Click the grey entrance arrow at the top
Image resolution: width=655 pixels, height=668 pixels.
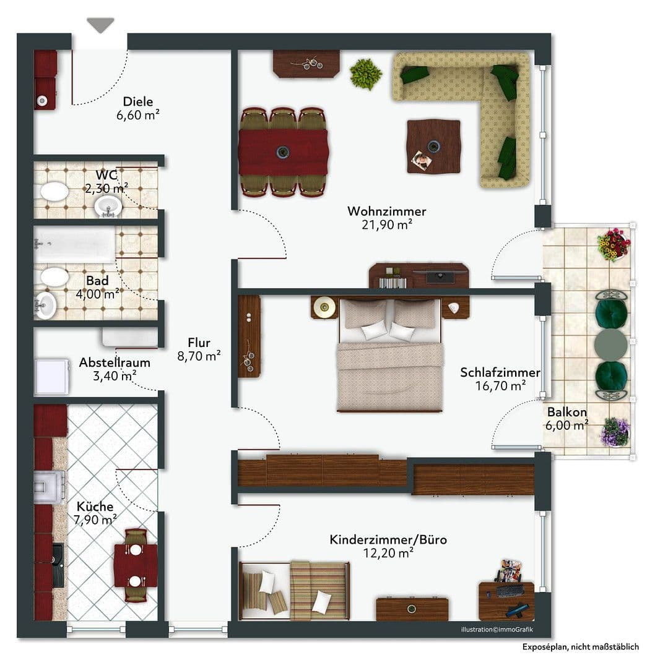click(x=100, y=25)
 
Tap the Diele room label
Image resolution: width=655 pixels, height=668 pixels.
click(x=137, y=102)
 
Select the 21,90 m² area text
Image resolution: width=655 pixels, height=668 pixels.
click(x=388, y=225)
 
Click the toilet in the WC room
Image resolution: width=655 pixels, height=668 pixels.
click(x=54, y=191)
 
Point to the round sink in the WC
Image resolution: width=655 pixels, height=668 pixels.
click(x=109, y=206)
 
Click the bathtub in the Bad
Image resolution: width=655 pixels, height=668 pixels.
click(x=74, y=245)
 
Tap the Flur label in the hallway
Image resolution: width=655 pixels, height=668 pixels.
click(x=199, y=343)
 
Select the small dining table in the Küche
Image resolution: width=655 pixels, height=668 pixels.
click(x=135, y=564)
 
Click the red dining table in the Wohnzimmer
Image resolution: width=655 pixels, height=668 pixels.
click(x=283, y=152)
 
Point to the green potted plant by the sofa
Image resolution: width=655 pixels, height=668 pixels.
click(x=365, y=74)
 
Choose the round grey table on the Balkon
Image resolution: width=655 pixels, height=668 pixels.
click(x=610, y=344)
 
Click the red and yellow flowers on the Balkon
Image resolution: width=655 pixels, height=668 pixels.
click(x=613, y=244)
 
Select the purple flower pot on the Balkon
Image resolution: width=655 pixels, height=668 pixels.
click(x=614, y=432)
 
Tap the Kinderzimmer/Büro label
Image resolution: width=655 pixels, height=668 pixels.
click(x=388, y=540)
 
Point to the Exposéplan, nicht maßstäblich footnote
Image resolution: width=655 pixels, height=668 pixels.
click(x=580, y=647)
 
